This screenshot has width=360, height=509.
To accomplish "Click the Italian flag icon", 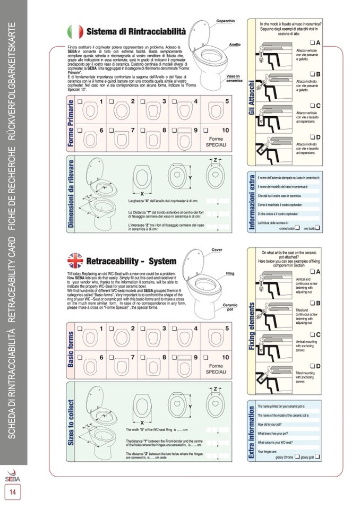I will click(75, 32).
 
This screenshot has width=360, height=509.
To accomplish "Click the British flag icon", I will click(75, 261).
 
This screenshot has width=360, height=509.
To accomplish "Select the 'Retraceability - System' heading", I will click(131, 261).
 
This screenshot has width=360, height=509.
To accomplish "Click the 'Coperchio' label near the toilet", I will click(225, 21).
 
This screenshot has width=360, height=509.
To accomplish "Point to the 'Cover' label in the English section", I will click(217, 249).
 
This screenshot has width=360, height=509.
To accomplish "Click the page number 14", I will click(12, 492).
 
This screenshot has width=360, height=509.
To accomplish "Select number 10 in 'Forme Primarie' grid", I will click(226, 130).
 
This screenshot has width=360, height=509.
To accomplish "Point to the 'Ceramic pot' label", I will click(230, 307).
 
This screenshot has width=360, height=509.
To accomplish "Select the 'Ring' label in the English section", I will click(230, 273).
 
